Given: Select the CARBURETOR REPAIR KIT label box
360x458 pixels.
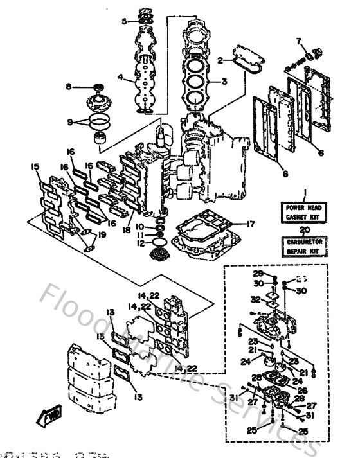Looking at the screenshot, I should pos(305,245).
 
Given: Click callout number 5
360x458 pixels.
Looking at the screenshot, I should pos(125,21).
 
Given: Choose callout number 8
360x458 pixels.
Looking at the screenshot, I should pos(69,86).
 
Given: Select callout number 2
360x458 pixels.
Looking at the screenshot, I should pos(220,61).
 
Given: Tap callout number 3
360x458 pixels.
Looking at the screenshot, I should pos(224,82).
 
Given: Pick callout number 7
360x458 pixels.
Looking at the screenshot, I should pos(298,42).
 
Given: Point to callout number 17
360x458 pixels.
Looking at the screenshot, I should pos(251,224).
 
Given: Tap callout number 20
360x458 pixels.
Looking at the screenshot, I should pos(305,229).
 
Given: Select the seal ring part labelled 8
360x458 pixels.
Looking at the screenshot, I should pos(98,87).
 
